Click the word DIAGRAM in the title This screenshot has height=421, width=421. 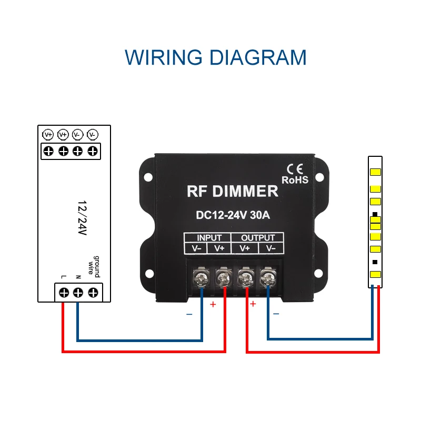(256, 57)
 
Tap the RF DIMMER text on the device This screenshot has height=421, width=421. (232, 191)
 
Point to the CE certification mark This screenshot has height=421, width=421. (294, 169)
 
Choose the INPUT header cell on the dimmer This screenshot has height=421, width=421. (209, 237)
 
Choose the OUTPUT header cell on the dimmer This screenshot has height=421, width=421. (258, 237)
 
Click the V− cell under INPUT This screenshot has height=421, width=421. (196, 248)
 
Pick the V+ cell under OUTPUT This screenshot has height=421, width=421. (245, 248)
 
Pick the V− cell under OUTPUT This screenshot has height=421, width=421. (270, 248)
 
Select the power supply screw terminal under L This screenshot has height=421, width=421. (64, 292)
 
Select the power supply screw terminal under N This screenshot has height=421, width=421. (78, 292)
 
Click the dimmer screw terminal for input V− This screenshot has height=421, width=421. (201, 276)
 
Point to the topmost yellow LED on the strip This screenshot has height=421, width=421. (375, 173)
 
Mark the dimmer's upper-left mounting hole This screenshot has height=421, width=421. (148, 177)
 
